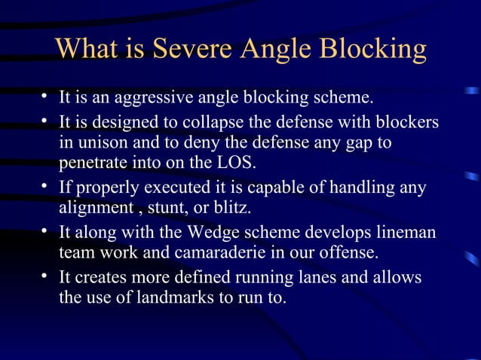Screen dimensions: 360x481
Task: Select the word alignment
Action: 93,207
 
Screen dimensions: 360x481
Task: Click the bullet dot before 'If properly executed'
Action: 47,186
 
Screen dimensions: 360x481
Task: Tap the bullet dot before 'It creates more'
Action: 47,276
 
